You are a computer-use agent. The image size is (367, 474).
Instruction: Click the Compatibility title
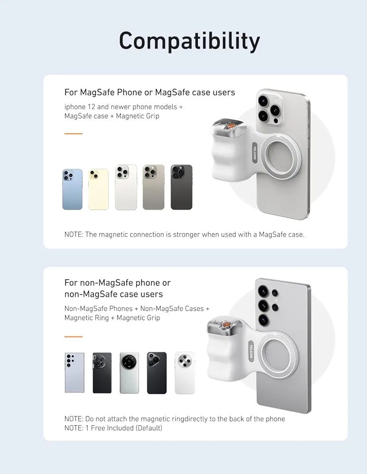point(190,41)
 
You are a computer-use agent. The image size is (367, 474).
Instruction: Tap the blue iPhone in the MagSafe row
point(73,189)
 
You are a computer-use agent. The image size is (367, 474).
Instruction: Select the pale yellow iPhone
point(99,189)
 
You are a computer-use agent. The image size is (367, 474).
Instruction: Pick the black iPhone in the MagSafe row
point(182,187)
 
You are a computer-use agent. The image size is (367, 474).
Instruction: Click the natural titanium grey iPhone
point(154,187)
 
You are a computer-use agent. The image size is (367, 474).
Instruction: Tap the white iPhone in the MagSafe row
point(126,187)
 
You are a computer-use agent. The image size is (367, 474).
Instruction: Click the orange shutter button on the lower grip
point(226,325)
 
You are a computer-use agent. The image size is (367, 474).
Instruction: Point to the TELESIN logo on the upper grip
point(255,153)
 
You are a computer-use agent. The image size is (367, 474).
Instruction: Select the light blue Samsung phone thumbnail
point(74,373)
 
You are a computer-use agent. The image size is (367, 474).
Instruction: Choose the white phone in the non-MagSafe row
point(185,373)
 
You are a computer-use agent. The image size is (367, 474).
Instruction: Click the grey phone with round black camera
point(129,373)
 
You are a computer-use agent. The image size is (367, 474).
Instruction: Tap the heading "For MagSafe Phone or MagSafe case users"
point(150,92)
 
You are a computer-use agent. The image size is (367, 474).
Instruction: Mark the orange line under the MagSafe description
point(73,133)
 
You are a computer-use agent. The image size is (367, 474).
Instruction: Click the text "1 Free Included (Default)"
point(124,428)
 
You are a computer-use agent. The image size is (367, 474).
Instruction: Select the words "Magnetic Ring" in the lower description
point(86,318)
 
